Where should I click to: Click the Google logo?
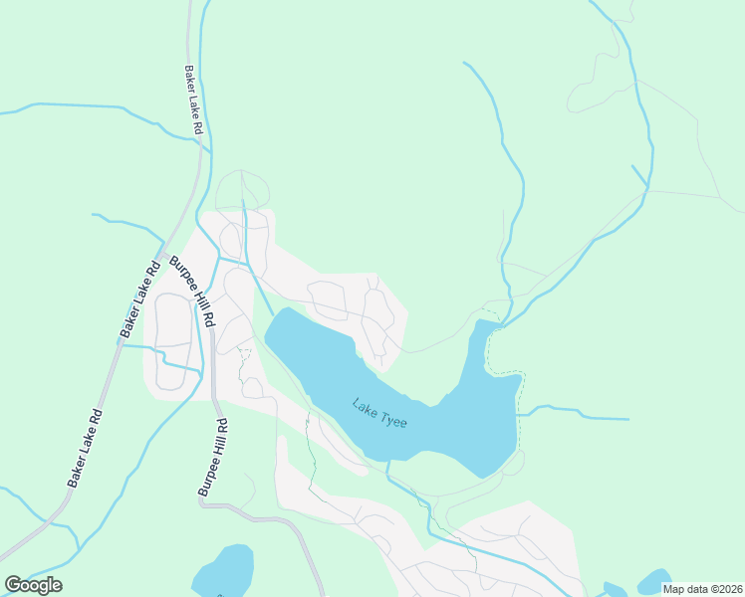pos(33,585)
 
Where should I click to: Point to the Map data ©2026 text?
pos(702,589)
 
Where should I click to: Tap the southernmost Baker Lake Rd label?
pos(86,448)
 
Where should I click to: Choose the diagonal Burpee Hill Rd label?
pos(192,293)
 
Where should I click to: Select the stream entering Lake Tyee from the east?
pos(573,411)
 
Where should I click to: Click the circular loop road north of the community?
pos(242,189)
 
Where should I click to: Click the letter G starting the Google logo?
pos(13,585)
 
